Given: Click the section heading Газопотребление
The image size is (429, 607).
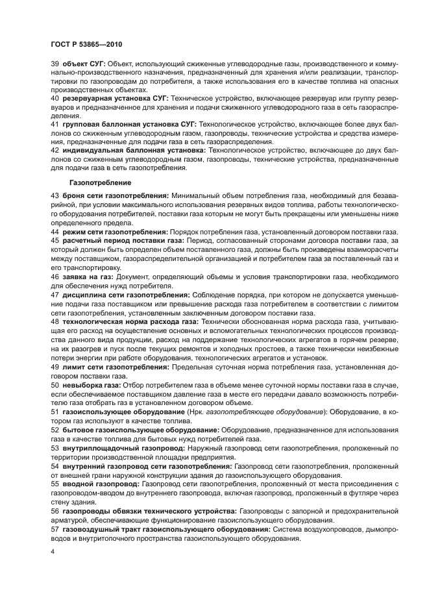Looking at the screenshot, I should [x=96, y=182].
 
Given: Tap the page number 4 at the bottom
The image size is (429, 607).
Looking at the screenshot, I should [x=53, y=552].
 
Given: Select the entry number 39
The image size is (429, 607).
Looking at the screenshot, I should [x=55, y=64].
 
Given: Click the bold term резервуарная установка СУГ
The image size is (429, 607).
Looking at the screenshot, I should [x=116, y=97].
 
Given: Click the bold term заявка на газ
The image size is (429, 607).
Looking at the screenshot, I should [x=86, y=277].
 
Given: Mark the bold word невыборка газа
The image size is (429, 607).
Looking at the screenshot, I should [x=86, y=385].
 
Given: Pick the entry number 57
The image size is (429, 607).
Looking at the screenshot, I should [x=55, y=529].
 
